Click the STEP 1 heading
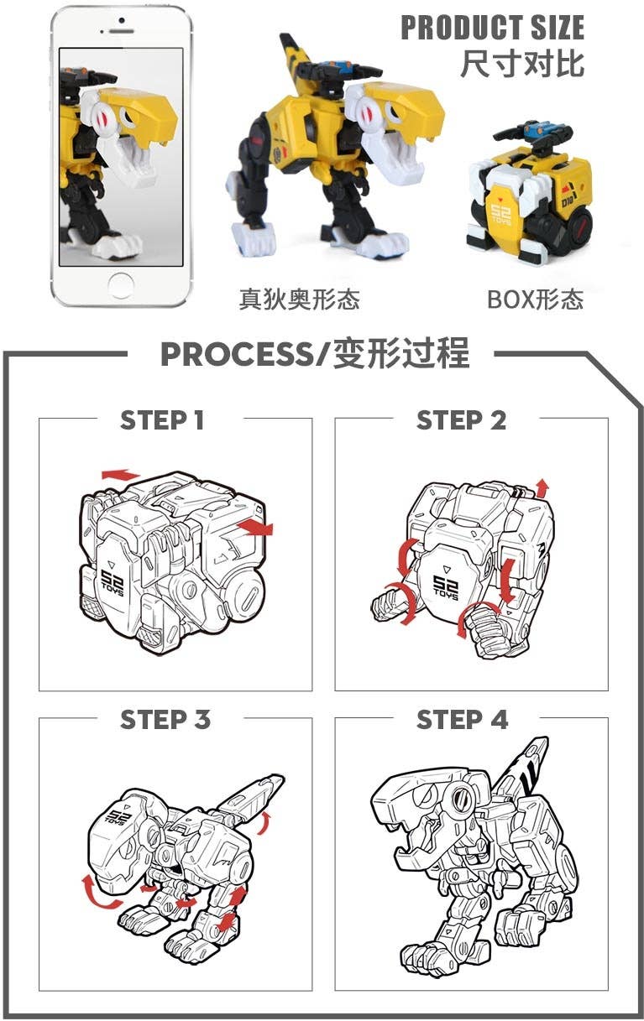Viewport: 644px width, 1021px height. coord(162,419)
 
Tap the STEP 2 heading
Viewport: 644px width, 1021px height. coord(461,419)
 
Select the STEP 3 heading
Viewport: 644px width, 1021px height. coord(165,719)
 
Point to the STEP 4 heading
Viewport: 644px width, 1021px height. coord(462,719)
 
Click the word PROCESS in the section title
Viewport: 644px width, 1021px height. coord(234,355)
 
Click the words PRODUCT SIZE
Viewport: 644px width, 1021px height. coord(492,28)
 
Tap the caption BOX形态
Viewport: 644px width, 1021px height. coord(535,300)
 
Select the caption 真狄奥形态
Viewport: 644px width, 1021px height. coord(299,300)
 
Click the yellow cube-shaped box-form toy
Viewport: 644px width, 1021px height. coord(529,197)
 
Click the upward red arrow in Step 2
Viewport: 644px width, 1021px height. coord(542,487)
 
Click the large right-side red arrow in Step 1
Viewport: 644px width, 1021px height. coord(255,527)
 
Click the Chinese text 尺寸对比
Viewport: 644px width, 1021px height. coord(521,64)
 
